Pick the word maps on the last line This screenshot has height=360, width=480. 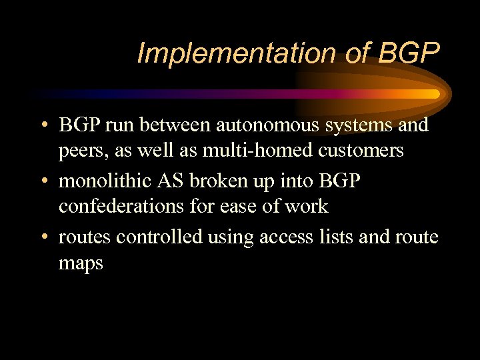coord(81,263)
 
